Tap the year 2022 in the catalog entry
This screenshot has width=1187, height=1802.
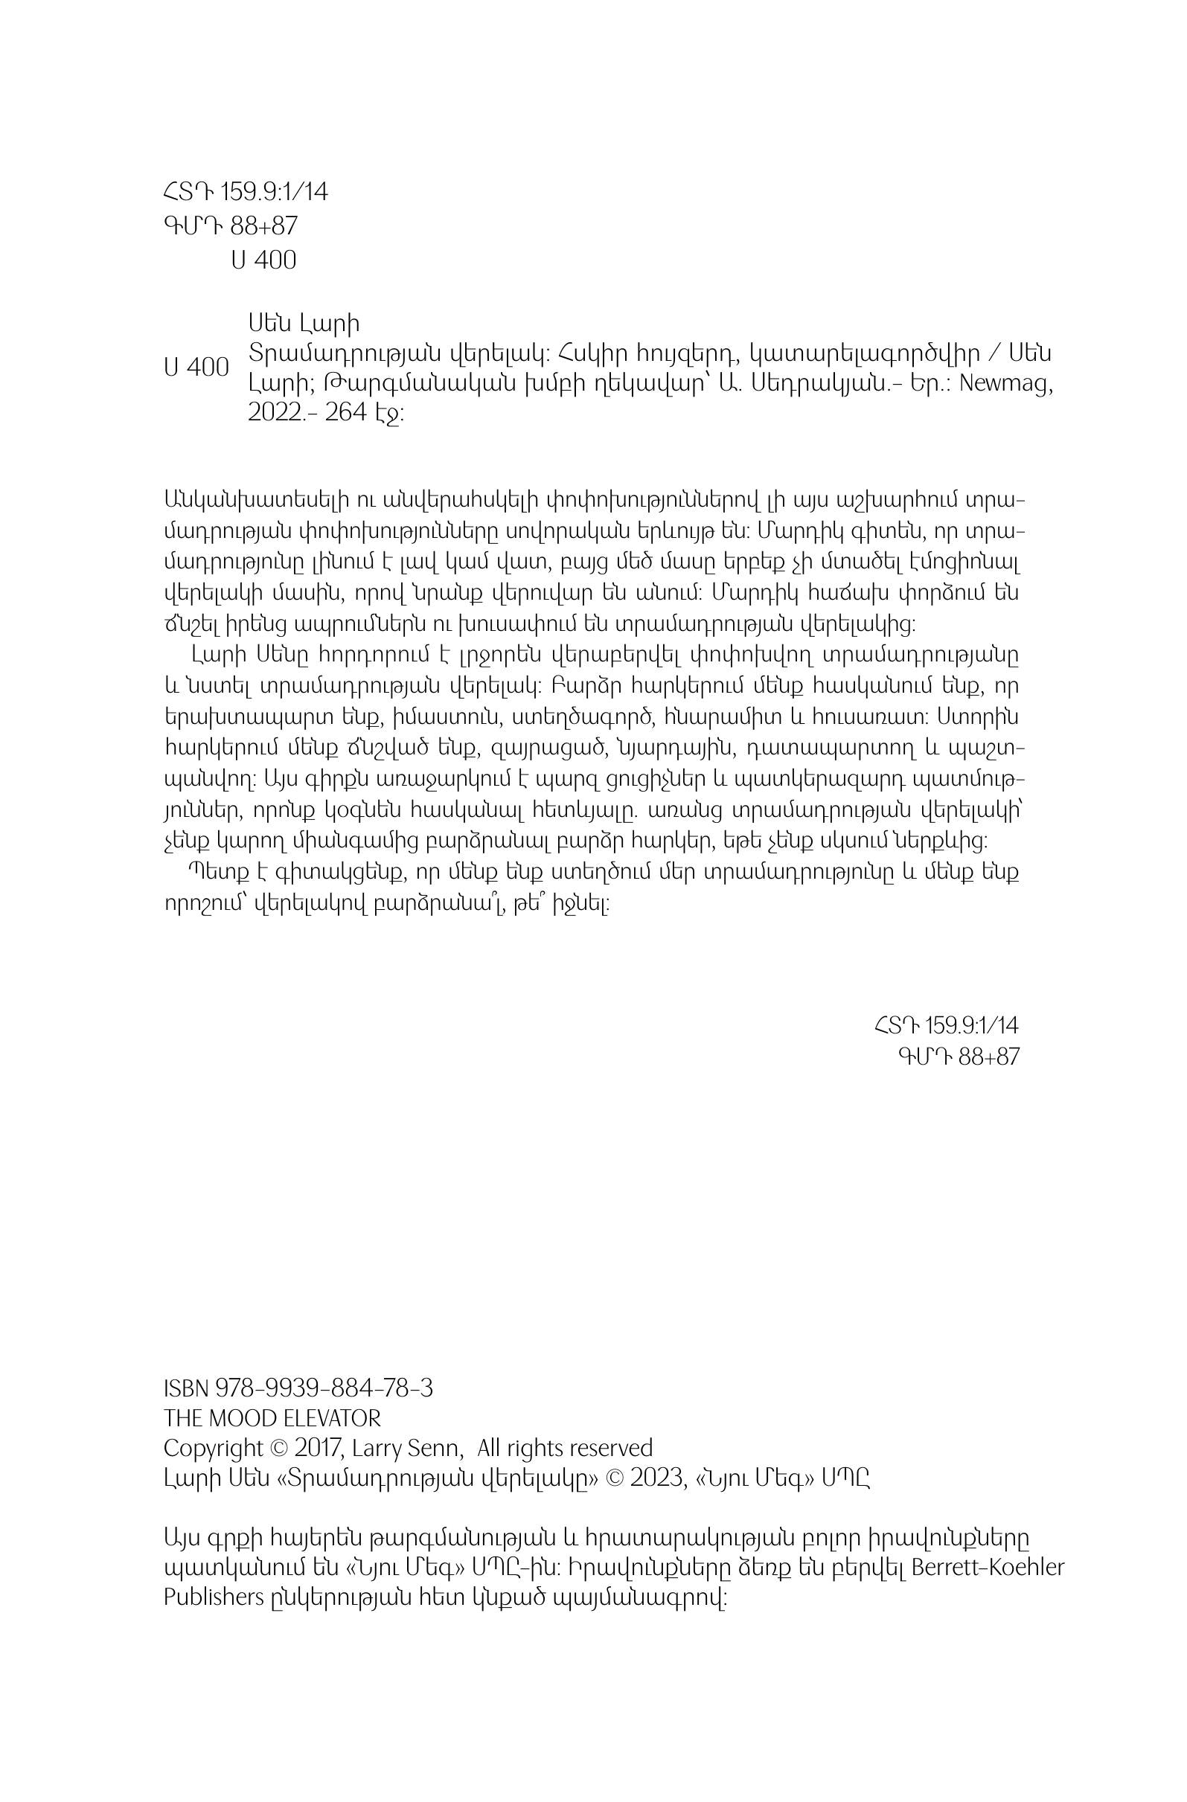coord(274,414)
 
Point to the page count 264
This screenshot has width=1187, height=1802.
coord(345,414)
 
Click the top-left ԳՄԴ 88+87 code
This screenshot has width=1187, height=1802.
coord(230,226)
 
